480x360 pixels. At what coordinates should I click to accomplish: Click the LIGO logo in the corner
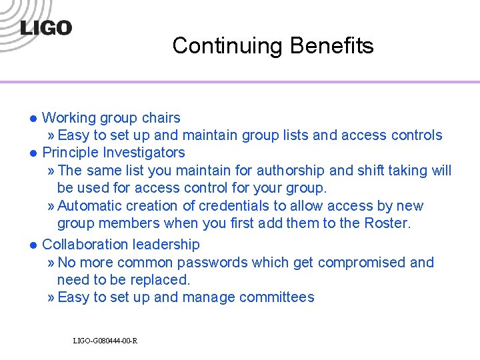(46, 28)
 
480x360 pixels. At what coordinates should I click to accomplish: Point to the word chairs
(159, 118)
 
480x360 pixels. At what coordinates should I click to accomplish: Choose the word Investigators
(143, 153)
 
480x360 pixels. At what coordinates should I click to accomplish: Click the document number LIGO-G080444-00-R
(105, 341)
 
